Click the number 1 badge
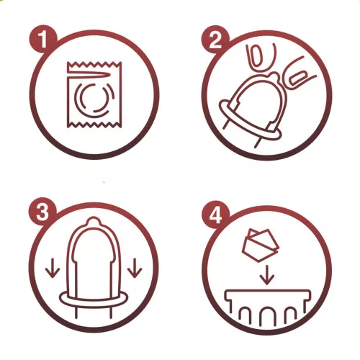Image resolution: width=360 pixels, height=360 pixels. pos(43,39)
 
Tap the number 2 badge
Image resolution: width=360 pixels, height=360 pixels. pos(215,40)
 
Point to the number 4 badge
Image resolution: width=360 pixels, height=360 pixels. pos(215,215)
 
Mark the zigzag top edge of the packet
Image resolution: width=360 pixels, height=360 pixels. pos(94,64)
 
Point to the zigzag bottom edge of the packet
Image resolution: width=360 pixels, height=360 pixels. pos(94,125)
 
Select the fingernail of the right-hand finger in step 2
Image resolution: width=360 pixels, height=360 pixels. pos(297,78)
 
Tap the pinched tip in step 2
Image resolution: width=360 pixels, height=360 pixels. pos(274,77)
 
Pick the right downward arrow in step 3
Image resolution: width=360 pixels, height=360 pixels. pos(135,268)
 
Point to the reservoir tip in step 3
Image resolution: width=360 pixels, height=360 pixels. pos(94,221)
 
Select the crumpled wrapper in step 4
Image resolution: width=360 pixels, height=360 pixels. pos(260,245)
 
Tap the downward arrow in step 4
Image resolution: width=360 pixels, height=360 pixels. pos(266,275)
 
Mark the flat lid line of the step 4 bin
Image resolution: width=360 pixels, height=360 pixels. pos(267,291)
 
